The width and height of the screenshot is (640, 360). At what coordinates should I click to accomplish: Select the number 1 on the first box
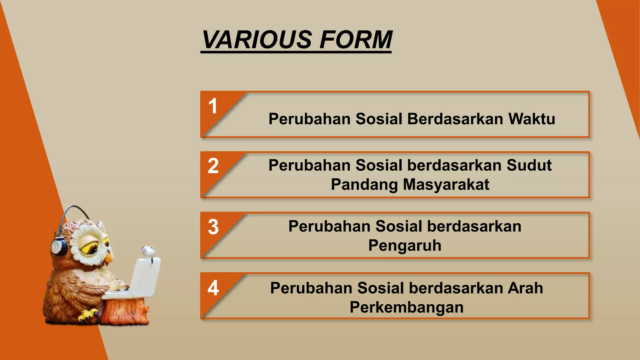coord(213,106)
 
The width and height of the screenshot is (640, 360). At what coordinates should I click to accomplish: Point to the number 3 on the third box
coord(213,227)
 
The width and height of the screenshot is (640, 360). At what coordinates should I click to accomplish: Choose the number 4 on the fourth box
coord(213,288)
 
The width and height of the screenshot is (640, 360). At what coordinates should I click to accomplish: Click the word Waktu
coord(532,119)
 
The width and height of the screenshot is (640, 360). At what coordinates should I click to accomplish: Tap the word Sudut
coord(529,165)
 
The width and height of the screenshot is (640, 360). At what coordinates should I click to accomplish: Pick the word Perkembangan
coord(406,307)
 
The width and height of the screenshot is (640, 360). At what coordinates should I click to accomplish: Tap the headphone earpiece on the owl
coord(59,247)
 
